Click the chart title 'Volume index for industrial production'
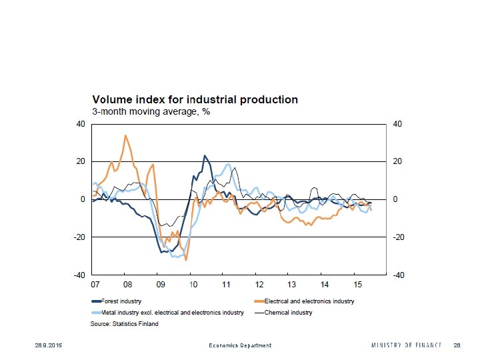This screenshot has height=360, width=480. click(x=195, y=99)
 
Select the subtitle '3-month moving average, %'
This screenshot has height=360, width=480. click(x=151, y=111)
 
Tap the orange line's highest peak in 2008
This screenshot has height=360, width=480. click(x=125, y=135)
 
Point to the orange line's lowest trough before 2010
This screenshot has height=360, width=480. click(x=186, y=259)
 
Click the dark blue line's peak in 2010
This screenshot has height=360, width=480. click(x=205, y=156)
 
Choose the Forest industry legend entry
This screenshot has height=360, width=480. click(x=119, y=301)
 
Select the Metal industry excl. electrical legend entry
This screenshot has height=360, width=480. click(x=167, y=312)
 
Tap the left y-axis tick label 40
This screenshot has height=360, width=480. click(x=81, y=124)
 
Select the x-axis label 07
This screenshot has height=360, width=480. click(x=95, y=285)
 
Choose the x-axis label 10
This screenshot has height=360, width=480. click(x=193, y=285)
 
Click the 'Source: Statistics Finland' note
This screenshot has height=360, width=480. click(x=124, y=324)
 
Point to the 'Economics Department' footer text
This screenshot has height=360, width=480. click(x=240, y=345)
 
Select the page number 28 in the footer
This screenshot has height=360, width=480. click(x=457, y=345)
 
